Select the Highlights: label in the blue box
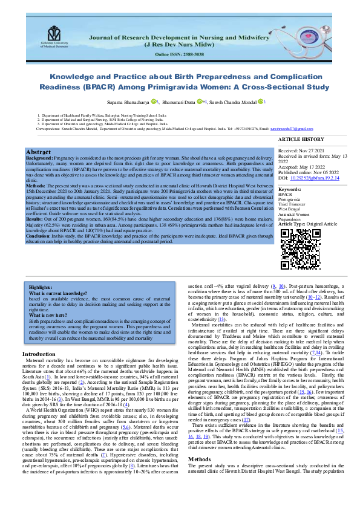point(41,288)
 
